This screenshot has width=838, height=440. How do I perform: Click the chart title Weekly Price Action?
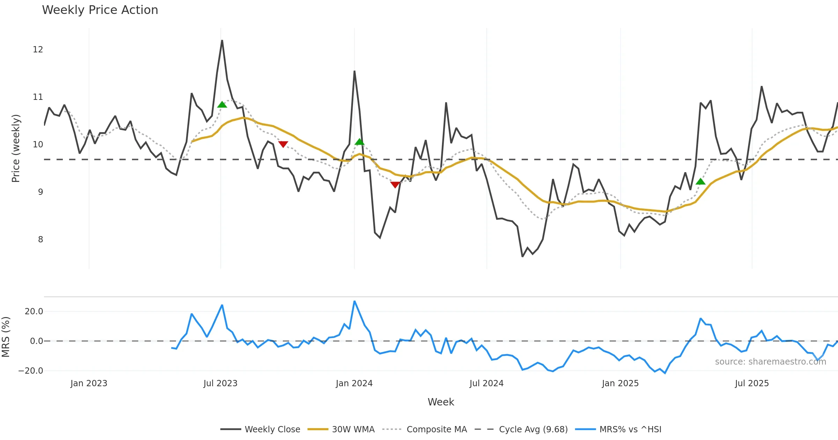[x=100, y=10]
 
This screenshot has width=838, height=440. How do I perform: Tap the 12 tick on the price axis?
[x=38, y=50]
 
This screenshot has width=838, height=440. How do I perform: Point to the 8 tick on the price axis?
[x=41, y=240]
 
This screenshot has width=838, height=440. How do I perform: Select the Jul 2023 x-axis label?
[x=220, y=383]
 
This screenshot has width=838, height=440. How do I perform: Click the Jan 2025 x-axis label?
[x=620, y=383]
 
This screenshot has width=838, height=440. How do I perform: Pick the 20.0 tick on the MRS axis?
[x=34, y=311]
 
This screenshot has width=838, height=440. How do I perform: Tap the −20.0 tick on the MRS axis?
[x=31, y=371]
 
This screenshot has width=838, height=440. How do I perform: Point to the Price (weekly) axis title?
[x=16, y=148]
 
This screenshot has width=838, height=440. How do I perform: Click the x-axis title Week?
[x=441, y=402]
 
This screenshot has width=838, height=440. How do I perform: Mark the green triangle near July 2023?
[x=222, y=105]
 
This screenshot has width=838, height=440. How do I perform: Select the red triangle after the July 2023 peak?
[x=283, y=144]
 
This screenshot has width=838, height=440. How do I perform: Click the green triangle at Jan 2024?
[x=359, y=142]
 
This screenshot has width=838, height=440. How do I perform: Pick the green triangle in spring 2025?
[x=700, y=182]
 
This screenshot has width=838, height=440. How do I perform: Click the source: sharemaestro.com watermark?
[x=770, y=362]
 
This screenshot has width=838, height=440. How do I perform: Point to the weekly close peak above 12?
[x=222, y=41]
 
